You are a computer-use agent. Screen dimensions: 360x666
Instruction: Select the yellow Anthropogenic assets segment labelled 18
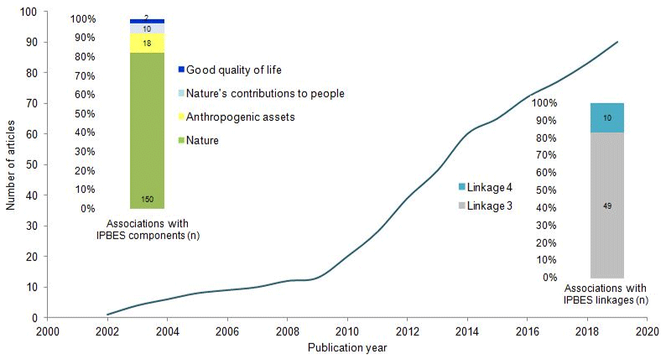147,43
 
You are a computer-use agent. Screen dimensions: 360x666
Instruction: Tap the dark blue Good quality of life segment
147,20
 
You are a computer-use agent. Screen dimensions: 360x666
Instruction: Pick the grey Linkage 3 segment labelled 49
606,205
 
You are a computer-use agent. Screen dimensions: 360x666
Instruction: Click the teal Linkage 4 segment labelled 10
606,117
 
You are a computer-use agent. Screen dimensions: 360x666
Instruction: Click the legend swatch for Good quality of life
181,70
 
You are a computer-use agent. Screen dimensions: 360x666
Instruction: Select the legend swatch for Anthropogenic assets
181,117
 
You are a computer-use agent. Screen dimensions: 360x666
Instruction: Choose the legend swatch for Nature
181,140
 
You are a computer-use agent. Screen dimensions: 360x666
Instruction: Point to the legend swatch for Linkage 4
462,186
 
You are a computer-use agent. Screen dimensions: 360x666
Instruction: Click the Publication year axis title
346,347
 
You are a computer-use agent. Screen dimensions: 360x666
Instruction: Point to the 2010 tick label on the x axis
346,331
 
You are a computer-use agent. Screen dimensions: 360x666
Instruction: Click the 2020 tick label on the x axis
647,331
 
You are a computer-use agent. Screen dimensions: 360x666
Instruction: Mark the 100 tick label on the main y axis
29,12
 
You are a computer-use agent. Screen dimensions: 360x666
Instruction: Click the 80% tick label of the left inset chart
107,57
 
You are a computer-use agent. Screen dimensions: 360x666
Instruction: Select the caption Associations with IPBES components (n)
147,229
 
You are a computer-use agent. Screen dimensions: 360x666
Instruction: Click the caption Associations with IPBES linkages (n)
607,294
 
